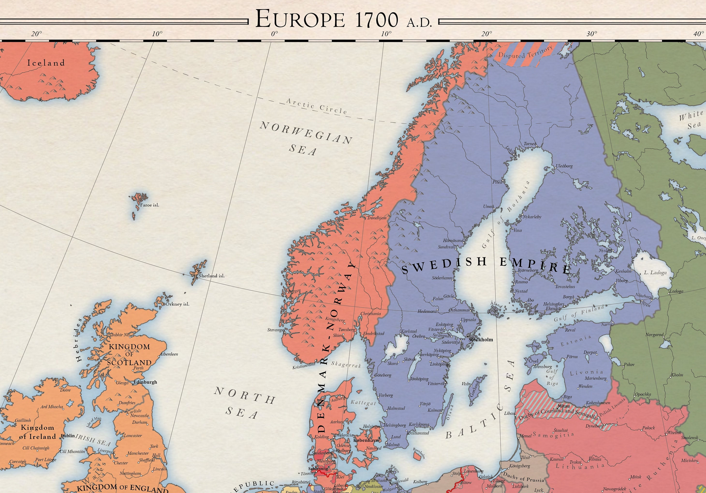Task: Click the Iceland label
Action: (46, 63)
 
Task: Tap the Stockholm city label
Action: (481, 340)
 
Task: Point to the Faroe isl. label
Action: (149, 205)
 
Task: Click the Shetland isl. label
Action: (212, 276)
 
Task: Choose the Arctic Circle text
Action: (317, 106)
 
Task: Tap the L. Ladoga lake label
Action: (655, 273)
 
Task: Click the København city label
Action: (366, 440)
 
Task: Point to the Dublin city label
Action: (68, 436)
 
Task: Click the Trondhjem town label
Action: (377, 218)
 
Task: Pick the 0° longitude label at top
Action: (274, 34)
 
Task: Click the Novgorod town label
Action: (654, 335)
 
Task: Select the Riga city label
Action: (568, 397)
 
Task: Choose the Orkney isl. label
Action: (177, 304)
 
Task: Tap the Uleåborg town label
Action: (564, 166)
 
